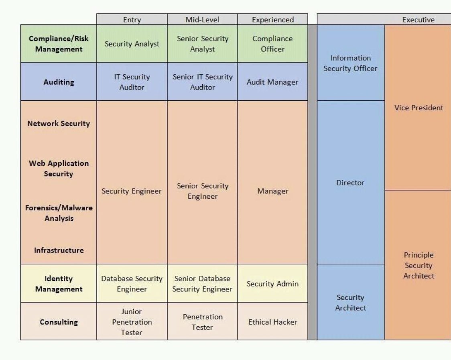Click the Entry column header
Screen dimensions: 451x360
pyautogui.click(x=132, y=20)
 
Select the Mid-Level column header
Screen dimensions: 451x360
pyautogui.click(x=202, y=20)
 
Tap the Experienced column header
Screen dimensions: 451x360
pyautogui.click(x=273, y=20)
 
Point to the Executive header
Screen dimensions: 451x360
pyautogui.click(x=418, y=20)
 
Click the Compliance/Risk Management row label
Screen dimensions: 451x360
pyautogui.click(x=59, y=44)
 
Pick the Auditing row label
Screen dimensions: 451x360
pyautogui.click(x=59, y=82)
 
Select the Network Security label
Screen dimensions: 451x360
pyautogui.click(x=59, y=124)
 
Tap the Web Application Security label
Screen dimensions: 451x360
pyautogui.click(x=59, y=169)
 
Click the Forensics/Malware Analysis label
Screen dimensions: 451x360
pyautogui.click(x=59, y=213)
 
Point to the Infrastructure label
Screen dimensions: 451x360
pyautogui.click(x=59, y=250)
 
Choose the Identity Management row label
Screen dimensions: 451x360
pyautogui.click(x=59, y=284)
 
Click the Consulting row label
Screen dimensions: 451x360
pyautogui.click(x=59, y=322)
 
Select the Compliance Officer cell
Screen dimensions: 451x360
pyautogui.click(x=273, y=44)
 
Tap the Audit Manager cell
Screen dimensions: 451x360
pyautogui.click(x=273, y=82)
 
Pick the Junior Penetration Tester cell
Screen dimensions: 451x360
pyautogui.click(x=132, y=322)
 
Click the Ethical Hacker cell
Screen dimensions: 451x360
pyautogui.click(x=273, y=322)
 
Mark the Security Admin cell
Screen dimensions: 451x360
pyautogui.click(x=273, y=284)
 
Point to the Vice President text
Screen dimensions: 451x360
pyautogui.click(x=418, y=108)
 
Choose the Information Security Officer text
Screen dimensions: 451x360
pyautogui.click(x=350, y=63)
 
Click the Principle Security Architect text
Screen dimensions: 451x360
pyautogui.click(x=418, y=265)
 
